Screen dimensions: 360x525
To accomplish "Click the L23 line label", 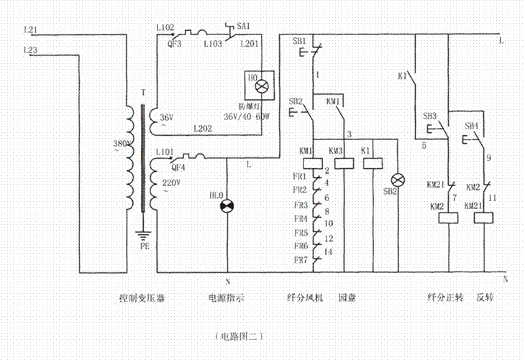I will (x=31, y=50).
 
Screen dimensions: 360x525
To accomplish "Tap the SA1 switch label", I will (x=243, y=26).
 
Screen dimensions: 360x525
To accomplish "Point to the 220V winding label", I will (x=171, y=183).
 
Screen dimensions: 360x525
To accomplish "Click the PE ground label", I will (x=144, y=244).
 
